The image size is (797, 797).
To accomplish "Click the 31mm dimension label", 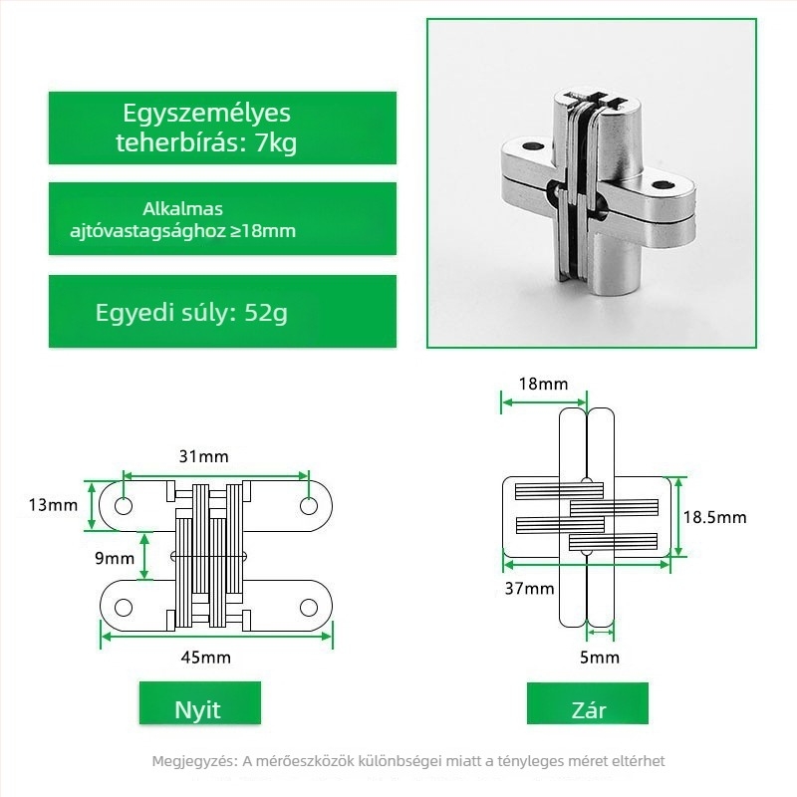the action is pos(204,456).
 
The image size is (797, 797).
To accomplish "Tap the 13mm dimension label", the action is pos(54,505).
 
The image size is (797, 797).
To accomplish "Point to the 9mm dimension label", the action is pos(115,558).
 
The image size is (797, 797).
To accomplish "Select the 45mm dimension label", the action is pos(206,658).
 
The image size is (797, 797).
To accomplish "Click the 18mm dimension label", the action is pos(543,384).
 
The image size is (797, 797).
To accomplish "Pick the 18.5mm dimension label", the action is pos(714,517).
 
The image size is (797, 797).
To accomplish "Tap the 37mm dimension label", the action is pos(529,588).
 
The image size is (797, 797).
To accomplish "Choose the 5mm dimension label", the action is pos(600,658).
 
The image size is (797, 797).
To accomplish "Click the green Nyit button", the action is pos(200,703).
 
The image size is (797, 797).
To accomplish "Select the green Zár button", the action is pos(588,703).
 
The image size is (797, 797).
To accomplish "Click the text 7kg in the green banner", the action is pos(276,142).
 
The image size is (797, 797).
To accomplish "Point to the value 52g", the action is pos(266,313).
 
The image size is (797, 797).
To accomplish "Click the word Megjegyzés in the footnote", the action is pos(194,761).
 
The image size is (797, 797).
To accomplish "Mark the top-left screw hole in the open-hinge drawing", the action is pos(124,506).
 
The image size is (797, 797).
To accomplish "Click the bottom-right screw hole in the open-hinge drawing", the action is pos(309,608).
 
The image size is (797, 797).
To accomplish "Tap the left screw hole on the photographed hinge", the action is pos(533,146).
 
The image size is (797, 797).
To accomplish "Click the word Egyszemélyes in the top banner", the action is pos(206,114).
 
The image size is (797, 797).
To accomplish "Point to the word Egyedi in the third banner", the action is pos(134,313).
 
